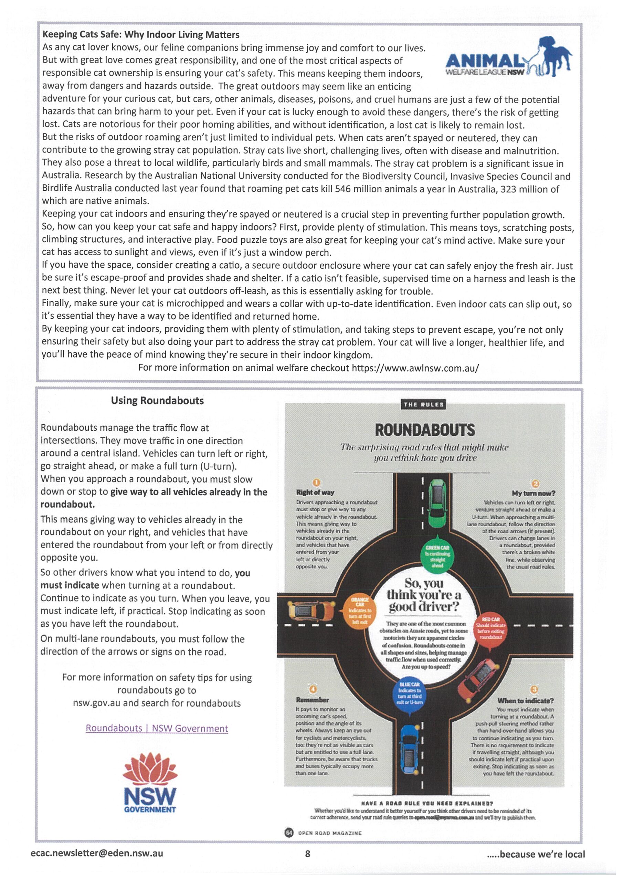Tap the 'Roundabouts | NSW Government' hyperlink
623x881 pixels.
coord(157,728)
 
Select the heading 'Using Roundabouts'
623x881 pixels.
coord(157,401)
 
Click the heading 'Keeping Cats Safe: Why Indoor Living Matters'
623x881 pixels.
coord(141,34)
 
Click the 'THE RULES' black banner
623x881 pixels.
coord(423,404)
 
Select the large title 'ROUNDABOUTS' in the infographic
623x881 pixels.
coord(424,430)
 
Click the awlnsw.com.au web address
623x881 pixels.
coord(415,368)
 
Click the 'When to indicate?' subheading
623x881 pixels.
coord(526,701)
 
